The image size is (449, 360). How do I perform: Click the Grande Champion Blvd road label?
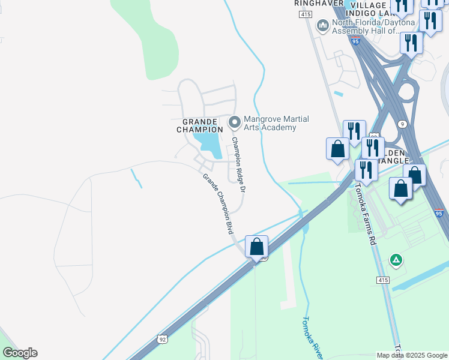pyautogui.click(x=218, y=203)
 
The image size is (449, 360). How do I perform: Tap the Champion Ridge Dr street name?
pyautogui.click(x=239, y=164)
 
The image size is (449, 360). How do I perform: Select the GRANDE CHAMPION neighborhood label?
pyautogui.click(x=200, y=125)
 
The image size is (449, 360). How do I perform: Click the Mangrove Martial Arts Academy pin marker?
pyautogui.click(x=234, y=122)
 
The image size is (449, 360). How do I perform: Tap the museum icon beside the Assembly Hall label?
pyautogui.click(x=323, y=26)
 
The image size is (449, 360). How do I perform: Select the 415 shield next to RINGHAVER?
pyautogui.click(x=306, y=14)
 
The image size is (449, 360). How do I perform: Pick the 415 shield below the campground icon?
pyautogui.click(x=384, y=280)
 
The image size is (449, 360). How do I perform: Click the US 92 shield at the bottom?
pyautogui.click(x=162, y=339)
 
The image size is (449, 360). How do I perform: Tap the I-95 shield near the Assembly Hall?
pyautogui.click(x=356, y=41)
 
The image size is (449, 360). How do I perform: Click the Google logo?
pyautogui.click(x=20, y=353)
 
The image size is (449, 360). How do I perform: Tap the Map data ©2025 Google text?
pyautogui.click(x=412, y=355)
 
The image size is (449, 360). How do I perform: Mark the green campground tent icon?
pyautogui.click(x=396, y=260)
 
